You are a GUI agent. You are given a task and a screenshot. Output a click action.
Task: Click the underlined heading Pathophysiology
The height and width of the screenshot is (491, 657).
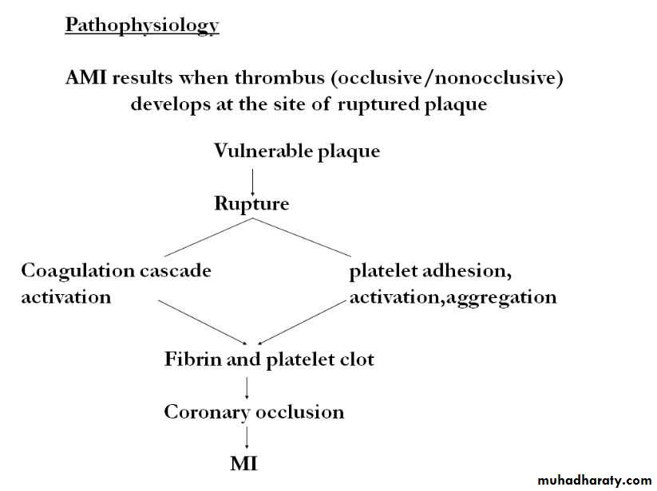pyautogui.click(x=141, y=26)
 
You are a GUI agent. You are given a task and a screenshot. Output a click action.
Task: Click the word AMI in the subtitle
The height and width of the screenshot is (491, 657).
pyautogui.click(x=87, y=79)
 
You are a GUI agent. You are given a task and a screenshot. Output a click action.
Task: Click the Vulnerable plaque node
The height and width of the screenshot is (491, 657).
pyautogui.click(x=296, y=151)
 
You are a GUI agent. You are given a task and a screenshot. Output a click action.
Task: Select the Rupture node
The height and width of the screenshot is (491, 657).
pyautogui.click(x=251, y=203)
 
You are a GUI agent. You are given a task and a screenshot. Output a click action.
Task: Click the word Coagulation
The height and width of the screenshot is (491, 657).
pyautogui.click(x=76, y=271)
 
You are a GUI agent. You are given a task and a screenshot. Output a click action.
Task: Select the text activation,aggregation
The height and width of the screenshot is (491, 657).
pyautogui.click(x=453, y=297)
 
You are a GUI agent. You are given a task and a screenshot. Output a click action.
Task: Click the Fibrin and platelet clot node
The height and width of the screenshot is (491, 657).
pyautogui.click(x=269, y=359)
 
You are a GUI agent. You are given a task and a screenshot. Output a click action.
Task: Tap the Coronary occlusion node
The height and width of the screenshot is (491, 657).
pyautogui.click(x=254, y=412)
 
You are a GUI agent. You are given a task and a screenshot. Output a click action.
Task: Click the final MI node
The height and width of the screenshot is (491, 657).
pyautogui.click(x=243, y=463)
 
